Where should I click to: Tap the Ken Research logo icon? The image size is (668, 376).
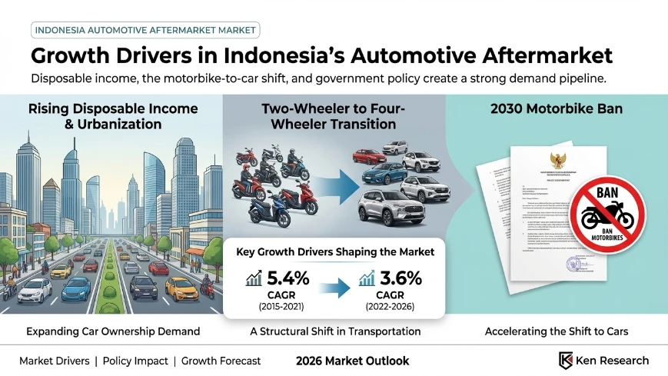click(x=567, y=360)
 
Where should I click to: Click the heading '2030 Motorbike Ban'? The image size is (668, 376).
click(x=557, y=109)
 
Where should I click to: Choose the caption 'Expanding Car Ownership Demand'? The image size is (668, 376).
click(x=112, y=331)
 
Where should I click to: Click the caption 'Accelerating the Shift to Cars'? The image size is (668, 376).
click(x=557, y=331)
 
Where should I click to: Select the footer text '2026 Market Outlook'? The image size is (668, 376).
click(x=351, y=361)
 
